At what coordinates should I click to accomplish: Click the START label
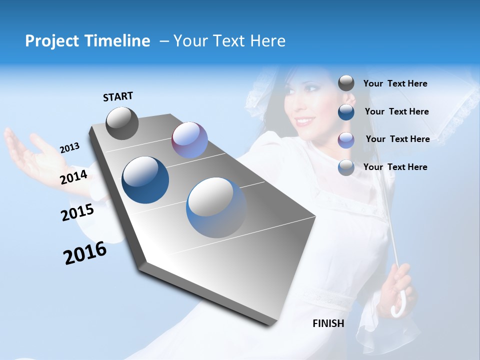[x=118, y=96]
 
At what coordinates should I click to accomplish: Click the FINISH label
[x=328, y=323]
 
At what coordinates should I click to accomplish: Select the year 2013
[x=69, y=147]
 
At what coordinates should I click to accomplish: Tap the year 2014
[x=74, y=177]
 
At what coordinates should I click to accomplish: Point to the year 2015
[x=77, y=212]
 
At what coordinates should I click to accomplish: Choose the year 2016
[x=85, y=252]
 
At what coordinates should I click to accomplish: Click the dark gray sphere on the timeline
[x=122, y=123]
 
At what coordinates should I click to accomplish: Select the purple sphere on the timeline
[x=189, y=140]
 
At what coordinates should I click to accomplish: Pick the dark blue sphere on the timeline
[x=145, y=180]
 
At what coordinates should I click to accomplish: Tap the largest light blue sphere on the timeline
[x=216, y=207]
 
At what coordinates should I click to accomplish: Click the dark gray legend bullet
[x=346, y=83]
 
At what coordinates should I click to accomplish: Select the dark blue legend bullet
[x=346, y=111]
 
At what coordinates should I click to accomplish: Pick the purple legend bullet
[x=346, y=139]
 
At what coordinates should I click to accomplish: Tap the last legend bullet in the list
[x=346, y=167]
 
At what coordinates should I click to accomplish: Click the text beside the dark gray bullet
[x=395, y=83]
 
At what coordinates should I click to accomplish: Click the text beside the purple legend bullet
[x=397, y=139]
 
